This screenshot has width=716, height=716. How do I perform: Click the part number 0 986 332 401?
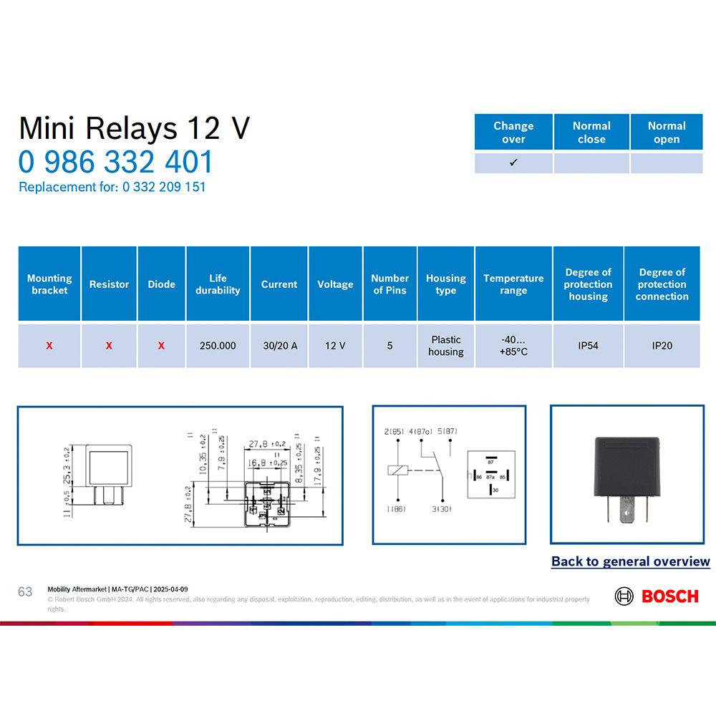point(116,162)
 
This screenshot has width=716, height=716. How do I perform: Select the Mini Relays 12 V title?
point(135,128)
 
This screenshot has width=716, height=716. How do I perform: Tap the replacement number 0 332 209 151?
point(164,187)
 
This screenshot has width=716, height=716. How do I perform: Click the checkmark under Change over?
point(513,163)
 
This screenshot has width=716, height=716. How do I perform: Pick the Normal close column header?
point(591,132)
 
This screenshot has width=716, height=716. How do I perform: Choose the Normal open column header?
point(667,132)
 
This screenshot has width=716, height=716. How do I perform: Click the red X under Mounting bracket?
point(49,346)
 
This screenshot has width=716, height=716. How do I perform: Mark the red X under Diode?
point(161,346)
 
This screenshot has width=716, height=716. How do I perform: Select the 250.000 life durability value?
point(218,346)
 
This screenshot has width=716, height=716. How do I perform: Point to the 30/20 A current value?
point(279,346)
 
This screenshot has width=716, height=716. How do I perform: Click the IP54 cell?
point(588,346)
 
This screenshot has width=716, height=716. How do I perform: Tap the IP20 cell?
point(662,346)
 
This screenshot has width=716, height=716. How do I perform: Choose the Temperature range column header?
point(513,284)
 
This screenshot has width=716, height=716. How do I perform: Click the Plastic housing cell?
point(445,346)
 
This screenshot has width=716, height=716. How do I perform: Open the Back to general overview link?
point(630,562)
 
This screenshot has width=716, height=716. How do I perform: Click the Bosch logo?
point(657,596)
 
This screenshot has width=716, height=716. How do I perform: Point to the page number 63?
point(25,592)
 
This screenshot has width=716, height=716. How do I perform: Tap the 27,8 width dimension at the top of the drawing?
point(261,444)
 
